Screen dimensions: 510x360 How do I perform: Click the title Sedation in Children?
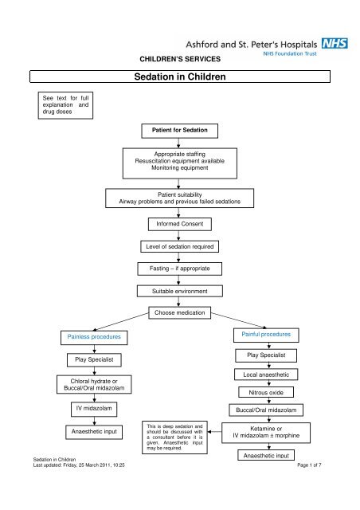pyautogui.click(x=179, y=78)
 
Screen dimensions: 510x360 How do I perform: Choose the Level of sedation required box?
pyautogui.click(x=179, y=247)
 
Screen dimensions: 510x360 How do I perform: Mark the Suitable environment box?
pyautogui.click(x=179, y=292)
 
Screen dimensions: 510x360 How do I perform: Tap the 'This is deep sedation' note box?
pyautogui.click(x=172, y=437)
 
